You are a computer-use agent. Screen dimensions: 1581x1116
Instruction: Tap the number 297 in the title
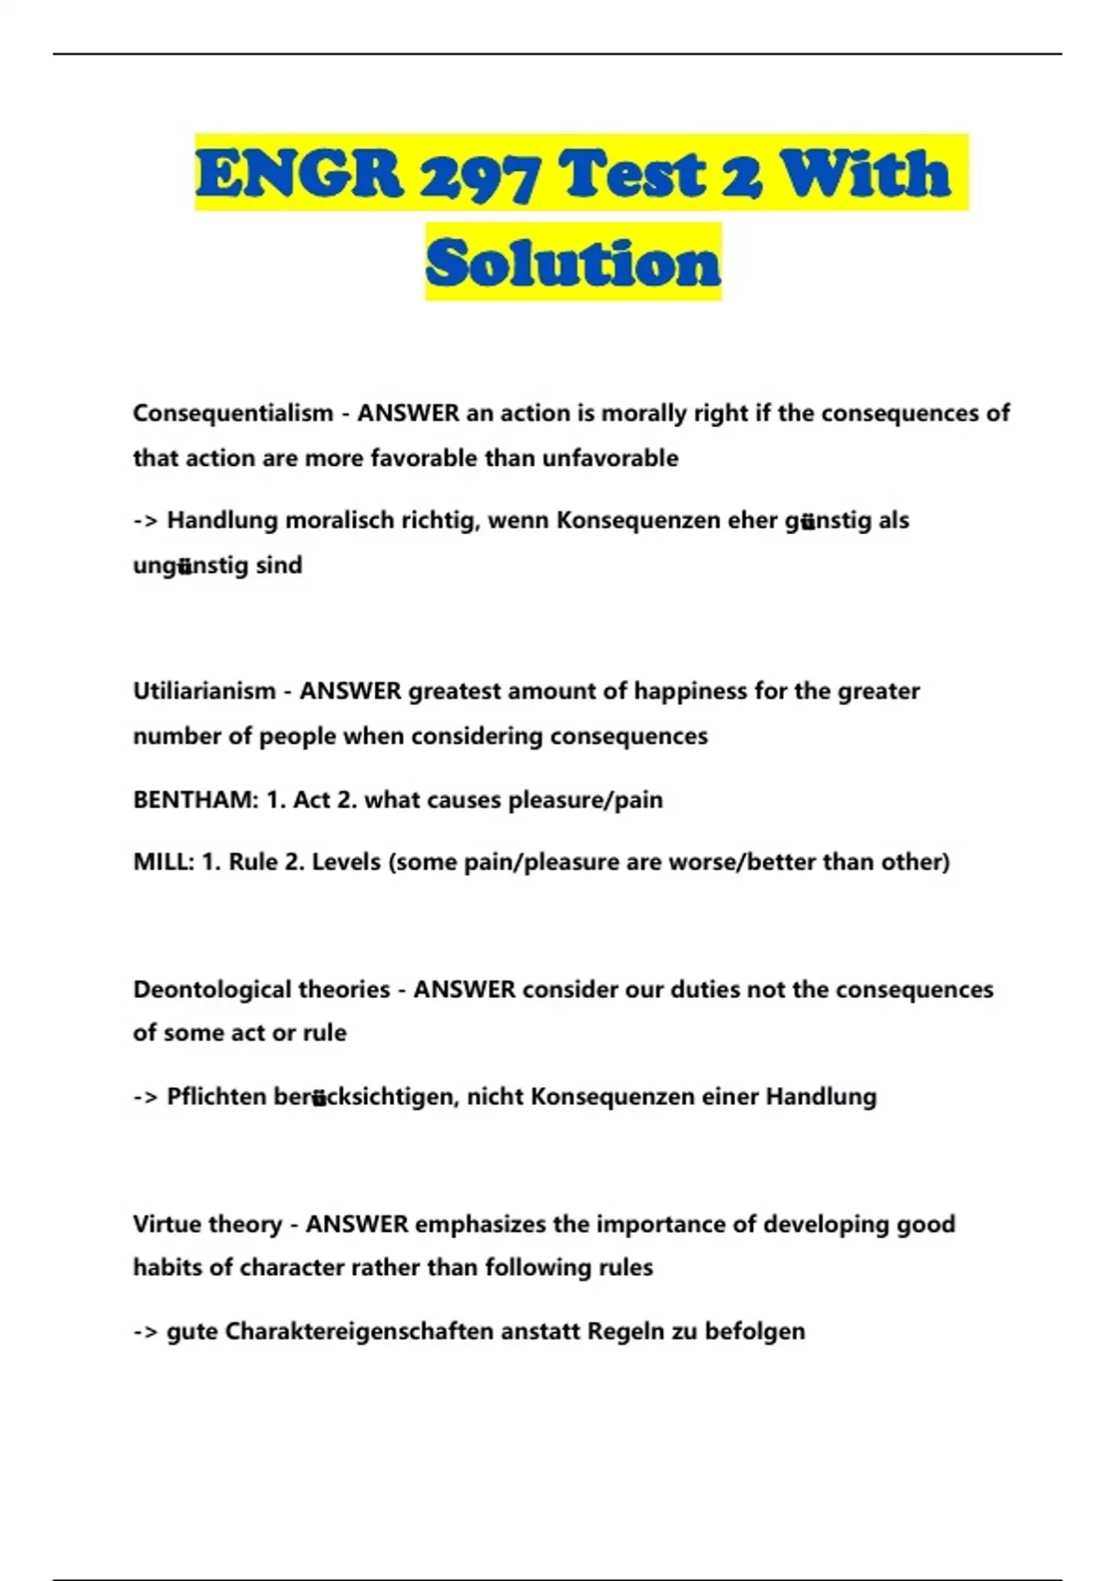(477, 174)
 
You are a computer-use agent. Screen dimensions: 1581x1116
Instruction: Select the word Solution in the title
(573, 263)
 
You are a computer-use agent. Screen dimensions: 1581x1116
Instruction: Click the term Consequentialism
(232, 413)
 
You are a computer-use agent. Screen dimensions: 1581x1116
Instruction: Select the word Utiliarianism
(205, 691)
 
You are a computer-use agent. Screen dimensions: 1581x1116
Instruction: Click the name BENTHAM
(193, 800)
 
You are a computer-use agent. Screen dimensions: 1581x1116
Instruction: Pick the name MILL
(162, 862)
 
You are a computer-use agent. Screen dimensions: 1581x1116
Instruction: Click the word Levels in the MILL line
(346, 862)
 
